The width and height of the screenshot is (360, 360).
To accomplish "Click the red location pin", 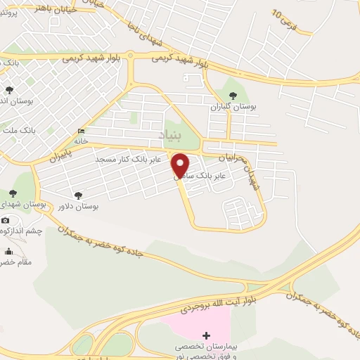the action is pos(181,165).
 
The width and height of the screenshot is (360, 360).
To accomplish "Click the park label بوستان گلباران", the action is pos(232,107).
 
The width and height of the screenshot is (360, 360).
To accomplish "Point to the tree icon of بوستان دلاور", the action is pos(78,195).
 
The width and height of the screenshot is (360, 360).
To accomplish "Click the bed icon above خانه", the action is pos(82,131).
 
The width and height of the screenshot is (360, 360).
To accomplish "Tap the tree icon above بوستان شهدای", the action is pos(12,193).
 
